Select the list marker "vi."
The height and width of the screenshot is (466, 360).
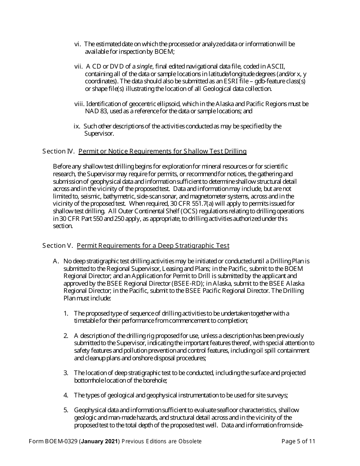(x=78, y=44)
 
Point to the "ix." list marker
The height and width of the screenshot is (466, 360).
(x=77, y=126)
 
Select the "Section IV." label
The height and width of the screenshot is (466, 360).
(x=58, y=152)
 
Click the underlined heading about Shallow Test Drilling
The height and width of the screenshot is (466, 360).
(x=162, y=152)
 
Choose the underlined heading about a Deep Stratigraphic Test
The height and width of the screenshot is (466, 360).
(x=153, y=246)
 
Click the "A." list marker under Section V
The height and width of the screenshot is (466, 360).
(x=56, y=261)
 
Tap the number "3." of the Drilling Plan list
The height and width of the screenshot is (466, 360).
(x=66, y=373)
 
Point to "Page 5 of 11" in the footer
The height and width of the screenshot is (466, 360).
(x=299, y=441)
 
